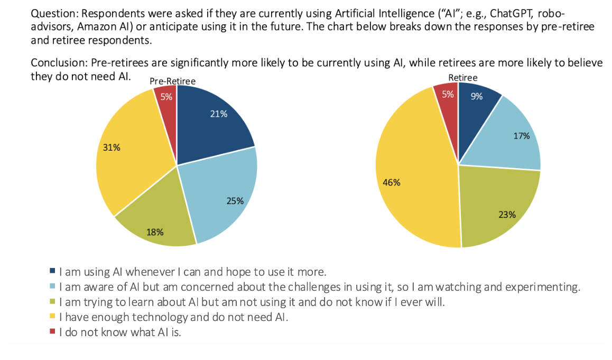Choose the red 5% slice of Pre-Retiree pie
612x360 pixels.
(x=166, y=100)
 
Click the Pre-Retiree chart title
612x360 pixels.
(x=172, y=81)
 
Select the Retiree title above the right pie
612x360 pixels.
(x=462, y=78)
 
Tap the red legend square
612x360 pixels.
(x=52, y=333)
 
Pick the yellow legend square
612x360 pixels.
(x=52, y=318)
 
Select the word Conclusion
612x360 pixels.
(x=59, y=63)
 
